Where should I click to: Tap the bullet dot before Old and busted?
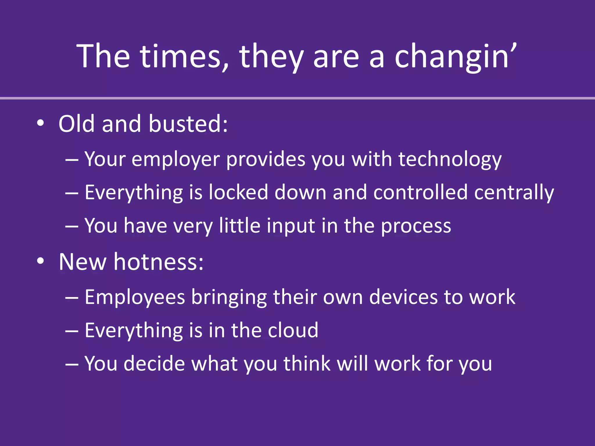click(x=40, y=124)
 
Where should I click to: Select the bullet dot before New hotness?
click(x=40, y=261)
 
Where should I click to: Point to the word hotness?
click(x=159, y=262)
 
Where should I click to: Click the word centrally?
click(x=514, y=193)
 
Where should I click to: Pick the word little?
click(x=240, y=226)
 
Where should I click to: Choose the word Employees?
click(x=135, y=298)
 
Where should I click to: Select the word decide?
click(x=154, y=364)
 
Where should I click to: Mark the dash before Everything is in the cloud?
click(x=72, y=331)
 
